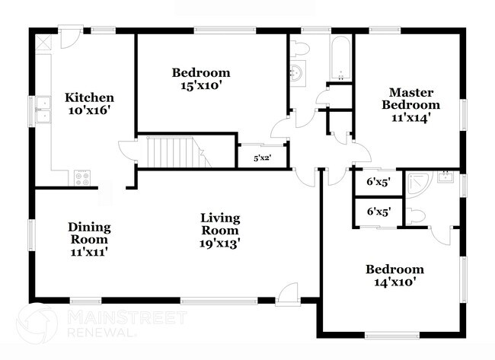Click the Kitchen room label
pos(89,97)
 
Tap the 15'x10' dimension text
pos(201,86)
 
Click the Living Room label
pos(220,224)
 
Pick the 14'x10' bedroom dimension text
pos(394,282)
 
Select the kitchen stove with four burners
pos(82,178)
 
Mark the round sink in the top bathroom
pos(297,74)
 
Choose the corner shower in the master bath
pos(418,183)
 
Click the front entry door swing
pos(289,292)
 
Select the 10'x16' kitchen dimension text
pos(89,111)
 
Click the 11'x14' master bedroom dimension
pos(411,119)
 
